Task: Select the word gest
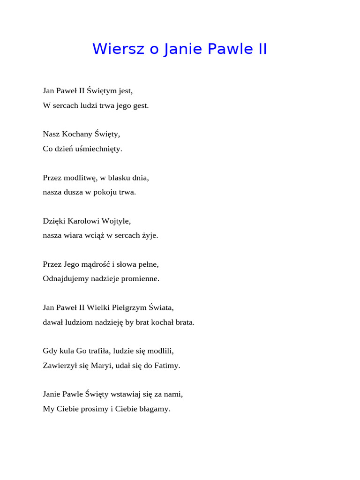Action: point(141,105)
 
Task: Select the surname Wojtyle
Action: point(120,221)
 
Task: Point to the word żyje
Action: point(150,235)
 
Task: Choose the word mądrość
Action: point(92,264)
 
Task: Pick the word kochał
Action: point(155,322)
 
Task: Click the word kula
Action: point(67,351)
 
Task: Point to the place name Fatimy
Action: point(167,366)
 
